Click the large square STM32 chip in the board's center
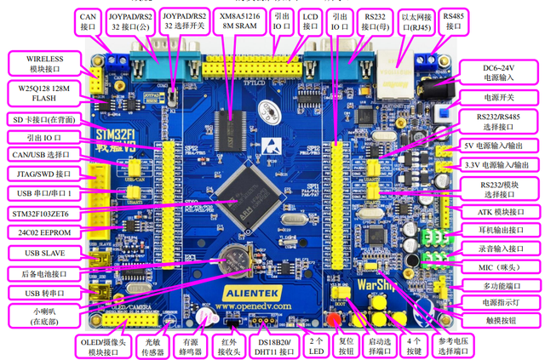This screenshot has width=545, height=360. coord(246,191)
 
